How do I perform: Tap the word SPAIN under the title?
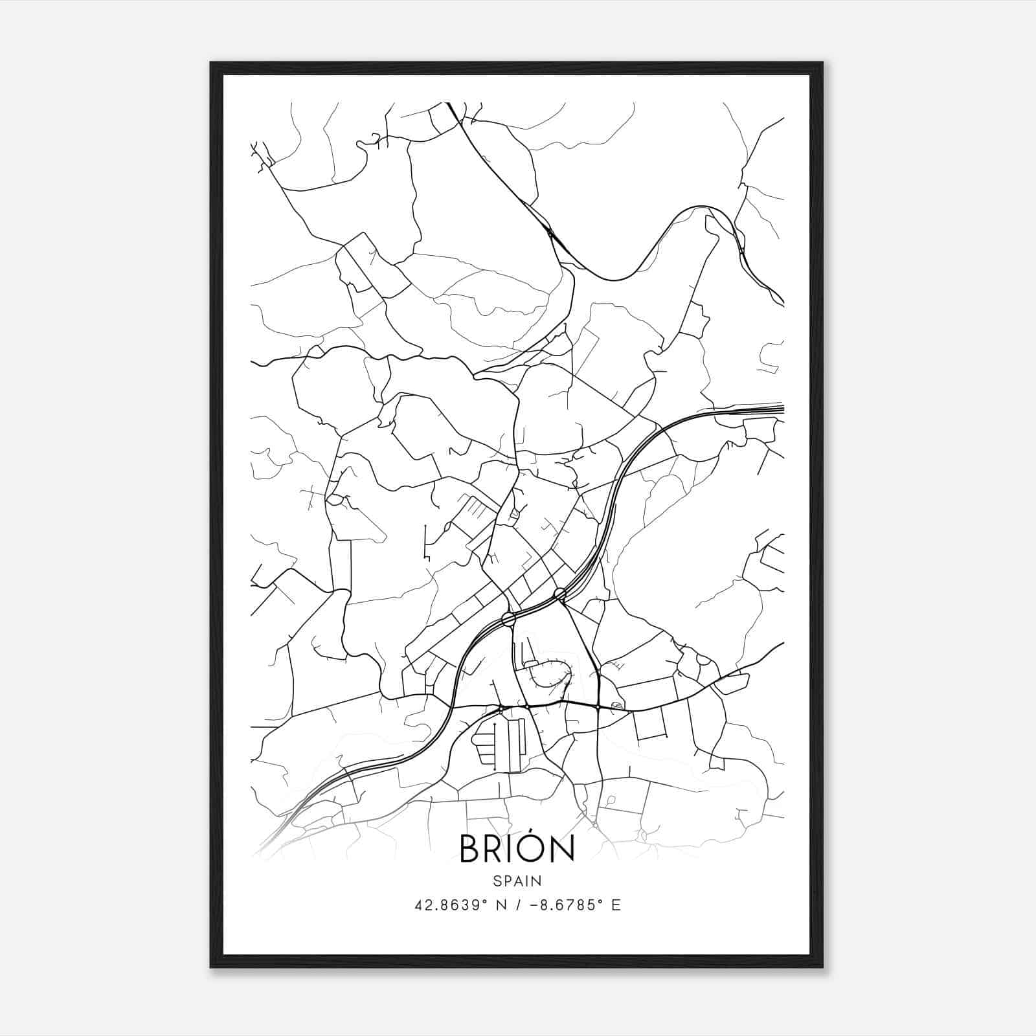[517, 881]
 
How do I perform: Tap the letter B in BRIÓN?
[470, 849]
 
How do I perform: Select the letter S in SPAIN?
[496, 881]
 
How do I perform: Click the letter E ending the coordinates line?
[616, 905]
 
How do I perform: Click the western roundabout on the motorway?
[508, 618]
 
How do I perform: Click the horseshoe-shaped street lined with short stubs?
[550, 673]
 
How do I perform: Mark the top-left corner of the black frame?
[211, 63]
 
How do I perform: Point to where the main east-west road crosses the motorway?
[449, 706]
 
